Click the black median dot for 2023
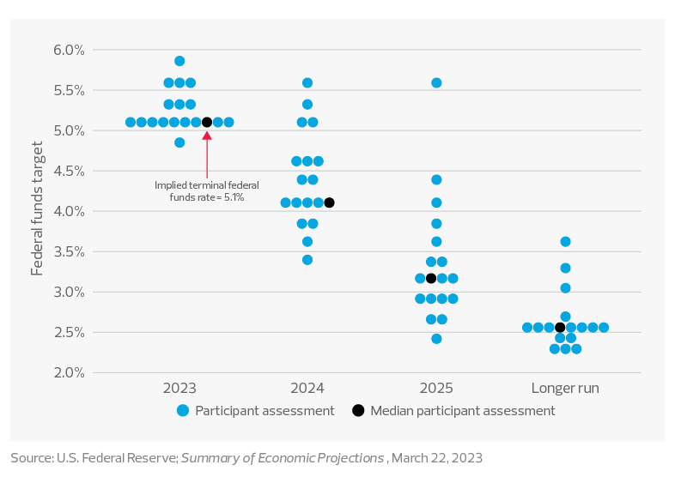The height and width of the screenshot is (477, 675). pyautogui.click(x=207, y=123)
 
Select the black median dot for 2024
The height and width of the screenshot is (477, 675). pyautogui.click(x=329, y=202)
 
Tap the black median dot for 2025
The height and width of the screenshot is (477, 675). pyautogui.click(x=431, y=278)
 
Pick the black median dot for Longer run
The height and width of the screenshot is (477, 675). pyautogui.click(x=560, y=327)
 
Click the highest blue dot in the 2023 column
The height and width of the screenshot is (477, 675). pyautogui.click(x=179, y=61)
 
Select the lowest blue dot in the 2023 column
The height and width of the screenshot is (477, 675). pyautogui.click(x=179, y=142)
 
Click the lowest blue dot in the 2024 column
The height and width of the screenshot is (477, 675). pyautogui.click(x=307, y=259)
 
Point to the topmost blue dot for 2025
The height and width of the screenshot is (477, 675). pyautogui.click(x=436, y=83)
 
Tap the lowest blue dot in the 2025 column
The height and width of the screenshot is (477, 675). pyautogui.click(x=436, y=339)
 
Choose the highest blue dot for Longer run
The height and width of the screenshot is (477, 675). pyautogui.click(x=565, y=242)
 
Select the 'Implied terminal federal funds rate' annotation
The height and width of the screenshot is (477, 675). pyautogui.click(x=206, y=190)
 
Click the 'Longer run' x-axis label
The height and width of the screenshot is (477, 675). pyautogui.click(x=565, y=388)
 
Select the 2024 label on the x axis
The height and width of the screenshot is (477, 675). pyautogui.click(x=307, y=388)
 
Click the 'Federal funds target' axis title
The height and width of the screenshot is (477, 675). pyautogui.click(x=37, y=211)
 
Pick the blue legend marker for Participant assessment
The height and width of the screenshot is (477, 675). pyautogui.click(x=183, y=411)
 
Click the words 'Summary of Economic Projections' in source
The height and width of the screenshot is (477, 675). pyautogui.click(x=283, y=458)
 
